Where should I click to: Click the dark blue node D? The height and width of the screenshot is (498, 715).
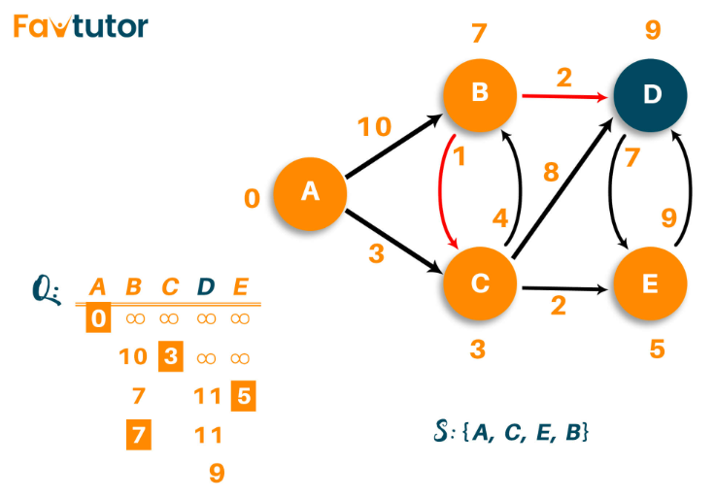click(650, 95)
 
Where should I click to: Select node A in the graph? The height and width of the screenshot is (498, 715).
click(310, 193)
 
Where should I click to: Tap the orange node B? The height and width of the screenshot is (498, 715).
click(480, 95)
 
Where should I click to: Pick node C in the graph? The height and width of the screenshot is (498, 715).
click(480, 283)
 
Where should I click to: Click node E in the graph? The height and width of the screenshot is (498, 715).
click(650, 283)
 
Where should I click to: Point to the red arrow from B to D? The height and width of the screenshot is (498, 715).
click(564, 96)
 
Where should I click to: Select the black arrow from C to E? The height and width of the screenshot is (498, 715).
click(564, 288)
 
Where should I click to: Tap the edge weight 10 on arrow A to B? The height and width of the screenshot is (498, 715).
click(374, 126)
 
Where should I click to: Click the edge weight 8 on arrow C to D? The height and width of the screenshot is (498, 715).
click(551, 172)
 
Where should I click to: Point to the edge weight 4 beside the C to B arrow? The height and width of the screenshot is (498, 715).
click(500, 218)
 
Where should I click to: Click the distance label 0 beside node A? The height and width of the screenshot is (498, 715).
click(253, 198)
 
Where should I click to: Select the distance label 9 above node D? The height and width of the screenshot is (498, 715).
click(653, 30)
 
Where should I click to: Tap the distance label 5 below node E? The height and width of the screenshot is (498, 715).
click(657, 349)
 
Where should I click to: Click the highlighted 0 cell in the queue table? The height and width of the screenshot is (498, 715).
click(98, 317)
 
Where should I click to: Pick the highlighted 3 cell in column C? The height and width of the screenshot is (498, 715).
click(171, 356)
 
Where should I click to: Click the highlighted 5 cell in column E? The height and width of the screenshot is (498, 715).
click(244, 395)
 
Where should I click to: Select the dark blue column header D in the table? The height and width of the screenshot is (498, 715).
click(206, 286)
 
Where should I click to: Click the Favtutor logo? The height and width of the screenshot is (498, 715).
click(81, 26)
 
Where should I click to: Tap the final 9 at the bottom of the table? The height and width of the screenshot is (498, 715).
click(217, 473)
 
